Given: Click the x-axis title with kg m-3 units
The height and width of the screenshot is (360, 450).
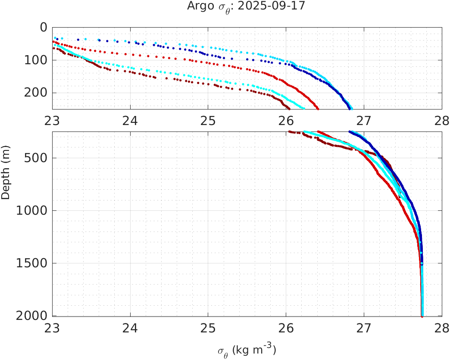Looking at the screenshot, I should coord(247,350).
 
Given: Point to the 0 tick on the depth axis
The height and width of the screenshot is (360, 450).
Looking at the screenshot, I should coord(44,27).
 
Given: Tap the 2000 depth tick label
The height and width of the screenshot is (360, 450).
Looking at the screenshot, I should coord(31,316).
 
